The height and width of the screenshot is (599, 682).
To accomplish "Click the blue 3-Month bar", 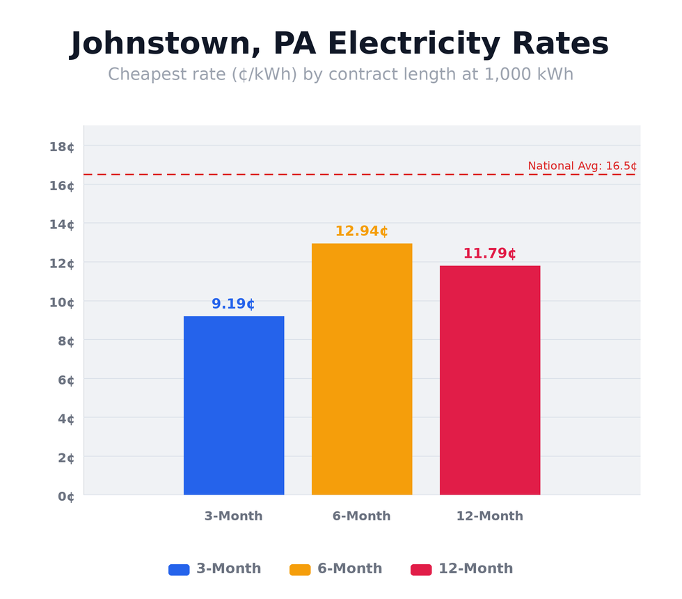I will click(x=234, y=405).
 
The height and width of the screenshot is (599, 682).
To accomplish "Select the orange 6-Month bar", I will click(x=362, y=369).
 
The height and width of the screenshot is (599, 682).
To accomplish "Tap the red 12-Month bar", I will click(x=490, y=380).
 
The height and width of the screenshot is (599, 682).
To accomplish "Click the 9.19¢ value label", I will click(x=233, y=304).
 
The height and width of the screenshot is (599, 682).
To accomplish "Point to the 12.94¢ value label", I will click(x=361, y=231).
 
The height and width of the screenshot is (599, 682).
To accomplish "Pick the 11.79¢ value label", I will click(x=489, y=254).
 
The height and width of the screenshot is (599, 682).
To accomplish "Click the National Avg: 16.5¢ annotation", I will click(x=582, y=166).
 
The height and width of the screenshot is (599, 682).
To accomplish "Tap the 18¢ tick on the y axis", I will click(x=62, y=146).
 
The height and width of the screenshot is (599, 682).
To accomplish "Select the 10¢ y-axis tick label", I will click(x=62, y=302).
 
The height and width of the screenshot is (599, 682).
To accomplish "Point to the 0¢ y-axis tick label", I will click(x=66, y=497).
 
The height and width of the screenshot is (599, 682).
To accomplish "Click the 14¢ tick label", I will click(x=62, y=224).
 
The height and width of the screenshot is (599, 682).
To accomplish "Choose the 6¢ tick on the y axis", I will click(x=66, y=380).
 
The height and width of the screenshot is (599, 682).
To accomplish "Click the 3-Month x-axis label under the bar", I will click(x=233, y=516).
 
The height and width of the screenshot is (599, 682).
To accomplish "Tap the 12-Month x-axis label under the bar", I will click(x=489, y=516).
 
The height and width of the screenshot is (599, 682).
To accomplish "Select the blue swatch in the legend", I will click(x=179, y=570).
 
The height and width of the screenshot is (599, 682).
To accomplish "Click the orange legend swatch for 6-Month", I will click(x=300, y=570).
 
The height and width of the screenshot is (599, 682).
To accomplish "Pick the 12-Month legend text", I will click(x=475, y=569).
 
